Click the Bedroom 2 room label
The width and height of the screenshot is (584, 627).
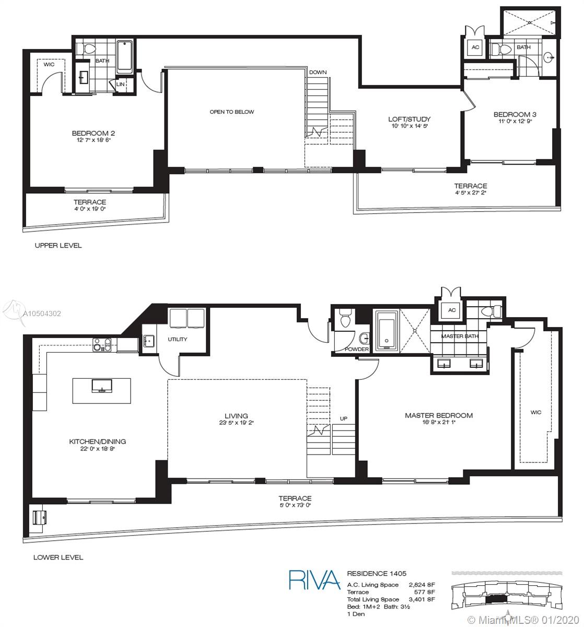tap(93, 133)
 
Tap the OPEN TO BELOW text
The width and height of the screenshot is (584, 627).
tap(232, 112)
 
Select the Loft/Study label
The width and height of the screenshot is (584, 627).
tap(409, 119)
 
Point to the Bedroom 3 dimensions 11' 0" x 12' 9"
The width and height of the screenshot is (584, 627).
tap(515, 121)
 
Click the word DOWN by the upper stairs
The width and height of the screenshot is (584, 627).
tap(318, 72)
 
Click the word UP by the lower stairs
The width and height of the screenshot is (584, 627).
tap(344, 419)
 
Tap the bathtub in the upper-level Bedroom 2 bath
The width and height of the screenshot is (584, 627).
tap(125, 56)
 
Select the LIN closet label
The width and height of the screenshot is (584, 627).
tap(121, 84)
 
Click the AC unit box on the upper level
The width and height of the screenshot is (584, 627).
tap(475, 48)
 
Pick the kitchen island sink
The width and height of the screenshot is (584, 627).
tap(102, 386)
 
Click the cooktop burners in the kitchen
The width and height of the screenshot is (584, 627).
tap(102, 345)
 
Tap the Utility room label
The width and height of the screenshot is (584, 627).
tap(178, 339)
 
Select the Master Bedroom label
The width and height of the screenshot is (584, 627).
tap(439, 415)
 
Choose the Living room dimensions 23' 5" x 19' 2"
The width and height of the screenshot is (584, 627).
tap(237, 423)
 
